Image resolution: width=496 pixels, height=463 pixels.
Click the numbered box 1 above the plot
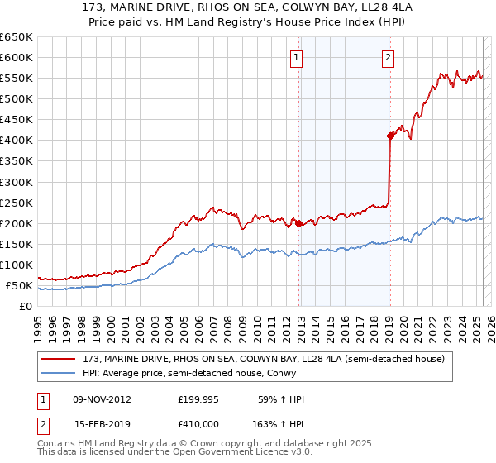pyautogui.click(x=296, y=57)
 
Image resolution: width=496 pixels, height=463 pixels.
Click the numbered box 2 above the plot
pyautogui.click(x=388, y=57)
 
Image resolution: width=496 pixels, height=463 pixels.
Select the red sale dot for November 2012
pyautogui.click(x=298, y=223)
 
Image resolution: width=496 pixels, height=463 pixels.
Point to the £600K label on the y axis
pyautogui.click(x=17, y=57)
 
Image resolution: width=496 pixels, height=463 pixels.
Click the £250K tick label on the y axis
pyautogui.click(x=17, y=203)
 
